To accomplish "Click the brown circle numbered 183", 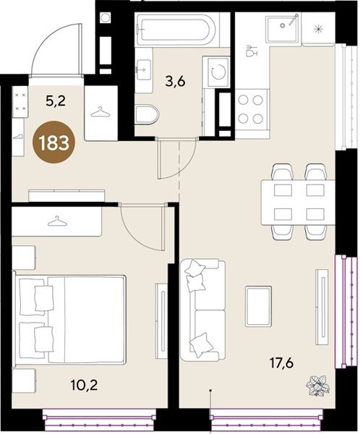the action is [53, 143].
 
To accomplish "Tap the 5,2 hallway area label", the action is [56, 101].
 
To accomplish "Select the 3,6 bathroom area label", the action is [176, 82].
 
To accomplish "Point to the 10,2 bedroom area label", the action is [84, 385].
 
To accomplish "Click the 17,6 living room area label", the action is [282, 363].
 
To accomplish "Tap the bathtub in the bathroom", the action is [176, 28].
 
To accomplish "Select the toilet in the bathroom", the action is [147, 114].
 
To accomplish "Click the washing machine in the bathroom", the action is [216, 72].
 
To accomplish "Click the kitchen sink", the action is [283, 29].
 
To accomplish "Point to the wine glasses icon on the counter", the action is [252, 51].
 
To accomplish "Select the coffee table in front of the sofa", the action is [258, 306].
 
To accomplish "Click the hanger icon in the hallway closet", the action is [100, 112].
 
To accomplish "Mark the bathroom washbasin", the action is [144, 69].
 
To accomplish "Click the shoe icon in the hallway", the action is [17, 137].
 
